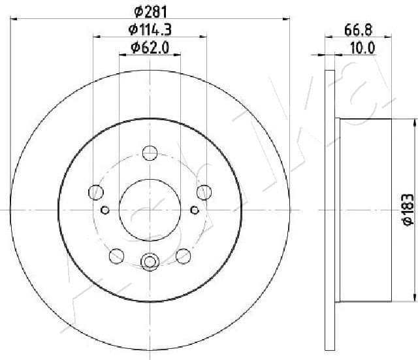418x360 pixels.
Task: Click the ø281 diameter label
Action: (x=150, y=11)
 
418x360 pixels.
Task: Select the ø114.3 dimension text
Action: (x=150, y=29)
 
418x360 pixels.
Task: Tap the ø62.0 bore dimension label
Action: (x=150, y=46)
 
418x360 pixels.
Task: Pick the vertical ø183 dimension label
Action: (x=406, y=210)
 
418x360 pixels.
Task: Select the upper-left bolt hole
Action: (x=96, y=192)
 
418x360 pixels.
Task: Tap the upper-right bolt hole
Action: (x=204, y=192)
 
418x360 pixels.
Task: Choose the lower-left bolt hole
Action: (x=117, y=255)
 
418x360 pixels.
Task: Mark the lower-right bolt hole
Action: (x=183, y=255)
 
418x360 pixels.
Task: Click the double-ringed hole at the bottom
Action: (x=150, y=263)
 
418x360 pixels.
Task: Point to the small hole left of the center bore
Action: (x=105, y=210)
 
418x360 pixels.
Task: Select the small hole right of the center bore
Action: (x=194, y=210)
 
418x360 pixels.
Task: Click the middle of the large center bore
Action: (x=150, y=210)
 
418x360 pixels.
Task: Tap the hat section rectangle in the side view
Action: (x=366, y=210)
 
